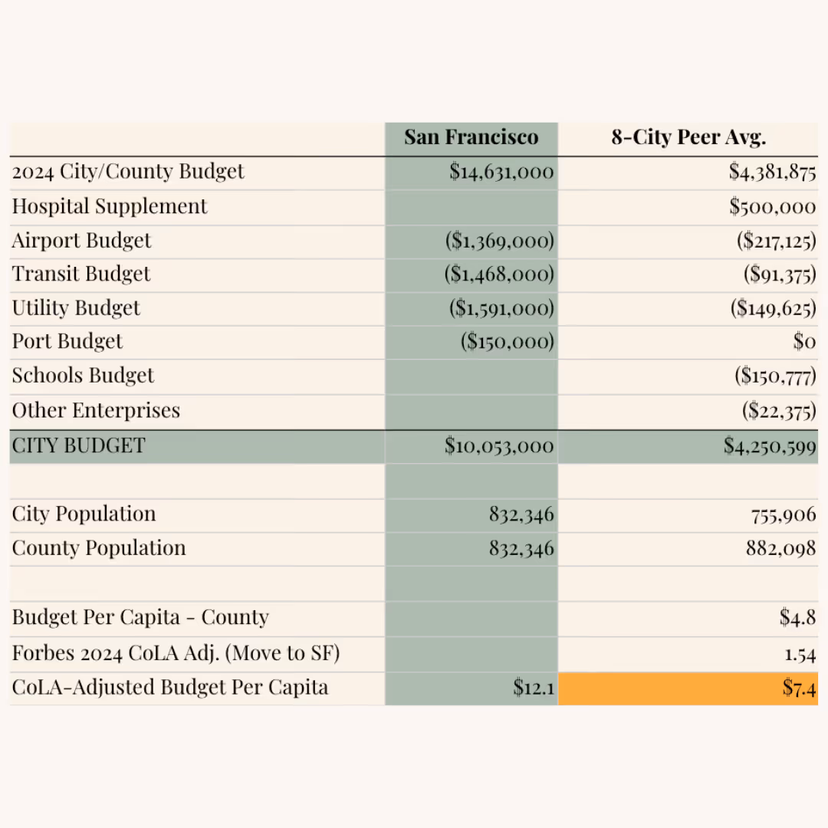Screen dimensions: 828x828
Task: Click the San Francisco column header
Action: tap(471, 138)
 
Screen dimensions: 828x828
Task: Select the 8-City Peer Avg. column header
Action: tap(688, 138)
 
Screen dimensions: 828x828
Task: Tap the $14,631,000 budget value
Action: tap(501, 172)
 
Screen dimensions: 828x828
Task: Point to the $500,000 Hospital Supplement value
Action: tap(772, 206)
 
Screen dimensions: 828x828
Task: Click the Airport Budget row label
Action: tap(82, 241)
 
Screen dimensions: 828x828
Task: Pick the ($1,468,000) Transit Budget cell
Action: tap(499, 274)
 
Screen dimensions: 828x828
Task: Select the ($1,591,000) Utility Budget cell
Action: tap(501, 308)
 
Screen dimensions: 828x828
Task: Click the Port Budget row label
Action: tap(67, 342)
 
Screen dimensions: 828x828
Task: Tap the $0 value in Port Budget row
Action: tap(803, 342)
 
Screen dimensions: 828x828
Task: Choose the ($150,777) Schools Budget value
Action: tap(775, 376)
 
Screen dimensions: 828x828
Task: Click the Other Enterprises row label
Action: tap(96, 411)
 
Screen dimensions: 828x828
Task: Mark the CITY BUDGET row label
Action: tap(78, 446)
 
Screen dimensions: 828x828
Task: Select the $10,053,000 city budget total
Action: tap(499, 446)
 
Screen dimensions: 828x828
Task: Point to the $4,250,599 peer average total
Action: tap(770, 446)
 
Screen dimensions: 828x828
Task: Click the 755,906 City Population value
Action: tap(784, 514)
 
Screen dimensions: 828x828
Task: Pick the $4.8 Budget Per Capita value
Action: tap(797, 618)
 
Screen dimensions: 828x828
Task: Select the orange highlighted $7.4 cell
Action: tap(799, 688)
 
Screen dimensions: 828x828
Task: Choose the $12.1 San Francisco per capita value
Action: tap(534, 688)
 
